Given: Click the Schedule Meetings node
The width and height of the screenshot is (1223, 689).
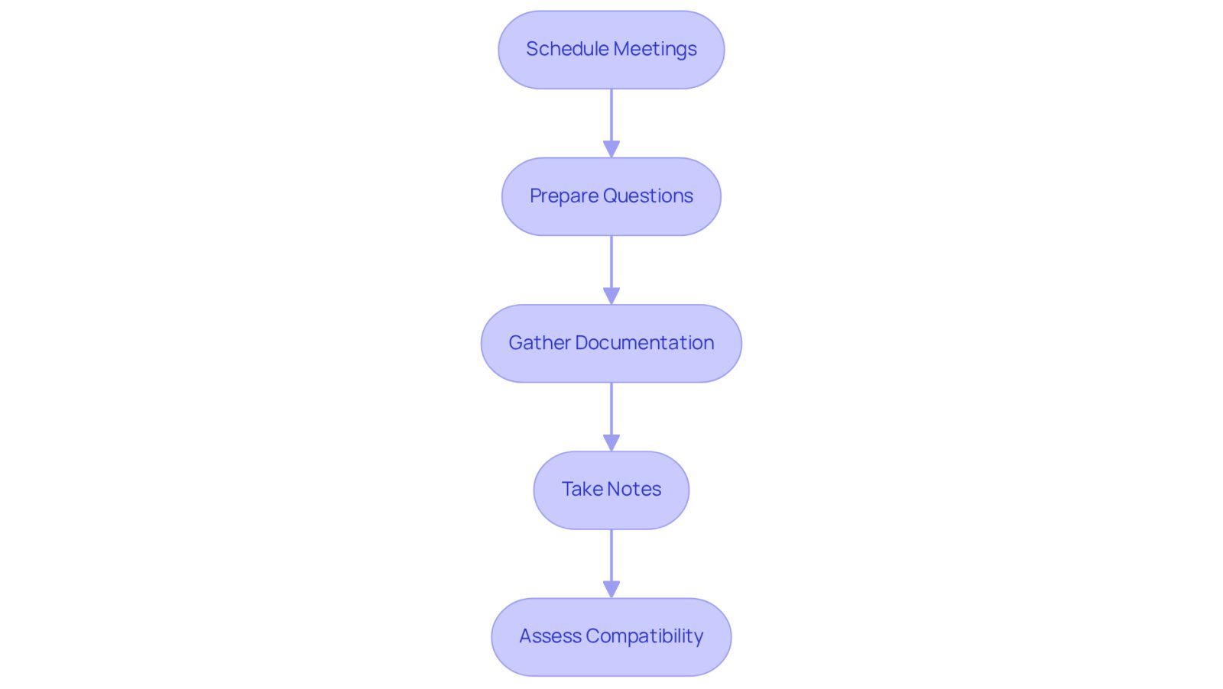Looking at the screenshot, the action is tap(611, 50).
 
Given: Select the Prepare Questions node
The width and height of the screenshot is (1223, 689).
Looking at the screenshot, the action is tap(611, 196).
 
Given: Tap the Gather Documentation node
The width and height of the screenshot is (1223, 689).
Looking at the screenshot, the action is tap(611, 343).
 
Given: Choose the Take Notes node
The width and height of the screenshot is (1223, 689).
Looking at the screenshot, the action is tap(611, 490).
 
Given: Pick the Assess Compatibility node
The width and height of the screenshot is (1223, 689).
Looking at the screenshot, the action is tap(611, 636).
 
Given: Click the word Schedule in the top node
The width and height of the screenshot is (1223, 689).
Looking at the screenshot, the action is tap(566, 49).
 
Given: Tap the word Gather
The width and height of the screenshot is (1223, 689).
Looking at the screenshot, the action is tap(540, 343).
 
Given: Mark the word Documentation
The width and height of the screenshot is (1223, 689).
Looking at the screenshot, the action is tap(644, 343).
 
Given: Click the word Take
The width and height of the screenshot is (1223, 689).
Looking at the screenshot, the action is tap(582, 489).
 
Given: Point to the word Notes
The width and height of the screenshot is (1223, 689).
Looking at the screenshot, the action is tap(634, 489).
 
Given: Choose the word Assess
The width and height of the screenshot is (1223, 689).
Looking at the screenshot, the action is tap(550, 636).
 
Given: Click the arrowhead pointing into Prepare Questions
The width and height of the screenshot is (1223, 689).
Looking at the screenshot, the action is tap(611, 149).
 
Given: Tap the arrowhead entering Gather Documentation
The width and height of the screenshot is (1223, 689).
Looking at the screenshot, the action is tap(611, 296).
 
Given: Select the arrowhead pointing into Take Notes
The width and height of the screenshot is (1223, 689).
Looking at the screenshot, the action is tap(611, 442).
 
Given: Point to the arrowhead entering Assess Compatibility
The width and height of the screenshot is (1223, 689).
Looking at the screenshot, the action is tap(611, 589).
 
